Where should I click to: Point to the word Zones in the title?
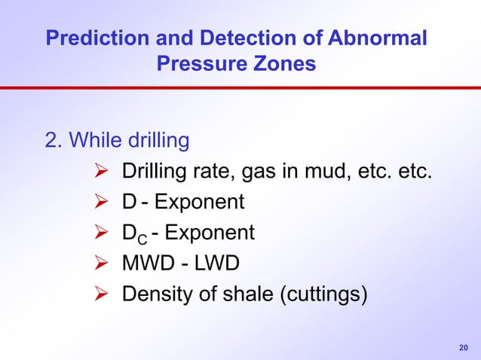pyautogui.click(x=286, y=65)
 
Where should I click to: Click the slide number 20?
pyautogui.click(x=464, y=347)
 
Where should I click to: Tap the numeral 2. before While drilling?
pyautogui.click(x=55, y=142)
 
